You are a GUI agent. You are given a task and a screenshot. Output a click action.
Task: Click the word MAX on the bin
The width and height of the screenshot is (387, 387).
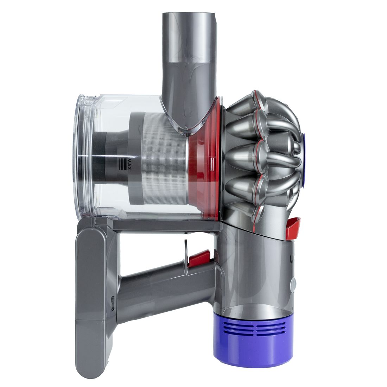pos(128,163)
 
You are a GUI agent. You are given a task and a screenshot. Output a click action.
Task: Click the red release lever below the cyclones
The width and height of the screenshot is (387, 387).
pos(293,224)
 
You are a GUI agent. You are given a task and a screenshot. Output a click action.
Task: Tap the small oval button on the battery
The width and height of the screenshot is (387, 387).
pos(112,303)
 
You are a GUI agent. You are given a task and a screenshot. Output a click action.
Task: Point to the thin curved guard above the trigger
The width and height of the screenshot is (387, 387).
pos(184,251)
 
